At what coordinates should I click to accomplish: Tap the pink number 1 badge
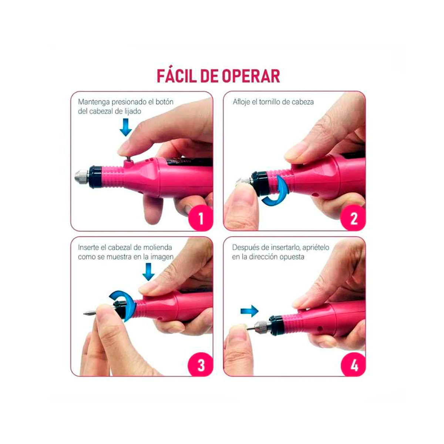(x=200, y=218)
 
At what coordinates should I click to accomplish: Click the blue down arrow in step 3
(x=148, y=272)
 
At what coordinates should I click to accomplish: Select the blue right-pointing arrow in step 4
(x=249, y=311)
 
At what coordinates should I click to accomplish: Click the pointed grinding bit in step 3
(x=91, y=314)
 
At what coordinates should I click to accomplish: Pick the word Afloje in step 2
(x=241, y=102)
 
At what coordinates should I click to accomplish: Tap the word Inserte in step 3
(x=88, y=248)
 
